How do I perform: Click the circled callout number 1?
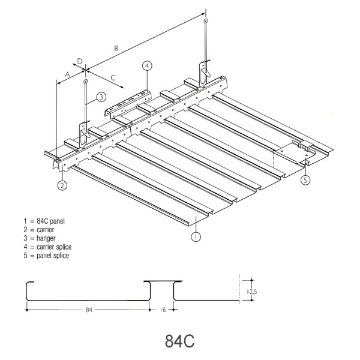[196, 236]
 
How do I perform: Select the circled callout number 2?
[62, 185]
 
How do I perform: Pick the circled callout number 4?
[146, 65]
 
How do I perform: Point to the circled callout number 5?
[305, 179]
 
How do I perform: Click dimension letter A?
[68, 73]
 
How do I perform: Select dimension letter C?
[113, 77]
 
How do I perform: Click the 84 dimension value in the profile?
[88, 310]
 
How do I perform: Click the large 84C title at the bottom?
[179, 341]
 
